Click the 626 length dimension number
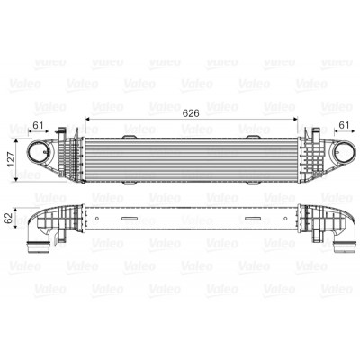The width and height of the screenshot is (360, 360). click(191, 113)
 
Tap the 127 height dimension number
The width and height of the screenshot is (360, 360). click(11, 159)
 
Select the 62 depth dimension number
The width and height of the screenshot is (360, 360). click(9, 218)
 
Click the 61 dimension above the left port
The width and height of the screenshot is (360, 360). click(38, 125)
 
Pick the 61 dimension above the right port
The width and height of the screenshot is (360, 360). click(344, 125)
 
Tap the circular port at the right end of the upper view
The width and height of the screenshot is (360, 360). click(344, 152)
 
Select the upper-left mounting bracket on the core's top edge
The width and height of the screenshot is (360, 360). click(130, 137)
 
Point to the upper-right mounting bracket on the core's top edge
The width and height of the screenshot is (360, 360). click(252, 137)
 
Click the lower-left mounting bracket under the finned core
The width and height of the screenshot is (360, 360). click(130, 183)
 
